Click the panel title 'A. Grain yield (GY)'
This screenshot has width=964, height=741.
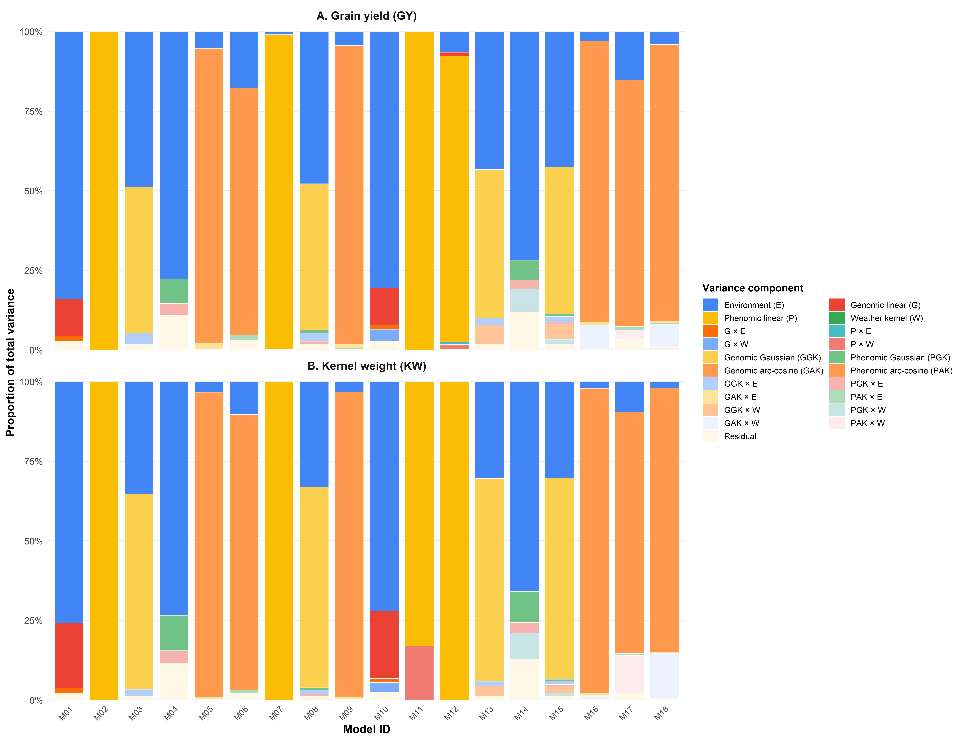pos(366,16)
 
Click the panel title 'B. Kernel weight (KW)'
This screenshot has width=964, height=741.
pos(366,366)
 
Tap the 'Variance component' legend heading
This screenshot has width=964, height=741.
pos(753,288)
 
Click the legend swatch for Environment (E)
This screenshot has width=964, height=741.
pos(710,305)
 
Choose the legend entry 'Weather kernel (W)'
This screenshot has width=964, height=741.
pos(886,318)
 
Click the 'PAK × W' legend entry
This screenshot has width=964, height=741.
pos(867,423)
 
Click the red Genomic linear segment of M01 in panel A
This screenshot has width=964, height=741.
pos(69,318)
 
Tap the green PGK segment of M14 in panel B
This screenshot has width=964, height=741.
pos(524,607)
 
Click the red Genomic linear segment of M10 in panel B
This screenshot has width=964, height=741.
pos(384,644)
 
